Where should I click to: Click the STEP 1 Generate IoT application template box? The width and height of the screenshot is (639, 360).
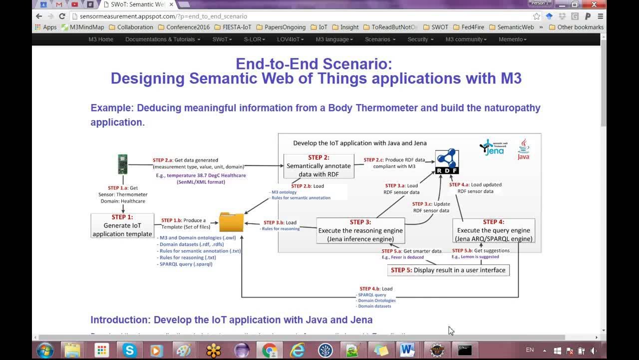pos(122,225)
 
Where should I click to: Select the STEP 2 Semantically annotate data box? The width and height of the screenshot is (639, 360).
pos(319,166)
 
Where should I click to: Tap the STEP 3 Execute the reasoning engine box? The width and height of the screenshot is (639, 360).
pos(360,230)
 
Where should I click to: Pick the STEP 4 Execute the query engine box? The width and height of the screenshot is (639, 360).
pos(493,230)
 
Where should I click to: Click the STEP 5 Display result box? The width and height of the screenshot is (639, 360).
pos(448,270)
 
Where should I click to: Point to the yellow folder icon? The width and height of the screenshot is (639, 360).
pos(231,222)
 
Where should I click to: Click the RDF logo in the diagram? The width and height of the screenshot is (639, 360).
pos(447,161)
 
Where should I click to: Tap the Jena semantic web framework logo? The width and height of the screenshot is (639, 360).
pos(492,147)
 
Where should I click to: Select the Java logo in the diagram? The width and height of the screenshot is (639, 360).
pos(523,149)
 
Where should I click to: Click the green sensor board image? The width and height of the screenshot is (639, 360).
pos(122,164)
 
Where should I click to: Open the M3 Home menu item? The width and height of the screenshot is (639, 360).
pos(101,39)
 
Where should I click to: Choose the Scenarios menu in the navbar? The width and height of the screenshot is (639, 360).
pos(380,39)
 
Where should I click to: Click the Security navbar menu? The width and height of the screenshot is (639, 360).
pos(420,39)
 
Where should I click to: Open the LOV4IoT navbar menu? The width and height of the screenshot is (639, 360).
pos(290,39)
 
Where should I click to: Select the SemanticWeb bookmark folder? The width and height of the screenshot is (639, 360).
pos(512,27)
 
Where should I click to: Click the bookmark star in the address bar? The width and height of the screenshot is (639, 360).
pos(537,16)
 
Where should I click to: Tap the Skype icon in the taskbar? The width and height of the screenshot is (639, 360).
pos(129,350)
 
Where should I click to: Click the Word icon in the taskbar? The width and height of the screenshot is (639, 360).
pos(407,350)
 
